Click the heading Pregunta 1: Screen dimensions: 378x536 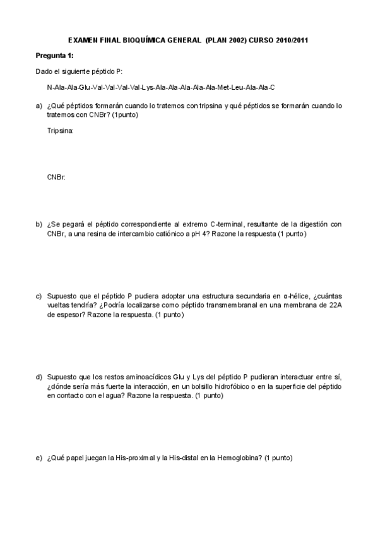point(54,56)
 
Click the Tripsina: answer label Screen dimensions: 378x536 point(61,131)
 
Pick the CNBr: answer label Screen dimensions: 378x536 point(56,178)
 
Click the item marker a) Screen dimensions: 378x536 point(39,106)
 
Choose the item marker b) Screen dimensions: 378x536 point(39,224)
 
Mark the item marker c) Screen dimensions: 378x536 point(39,296)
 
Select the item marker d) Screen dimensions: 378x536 point(39,377)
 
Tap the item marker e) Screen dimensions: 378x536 point(39,458)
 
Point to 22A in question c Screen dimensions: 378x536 point(334,305)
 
